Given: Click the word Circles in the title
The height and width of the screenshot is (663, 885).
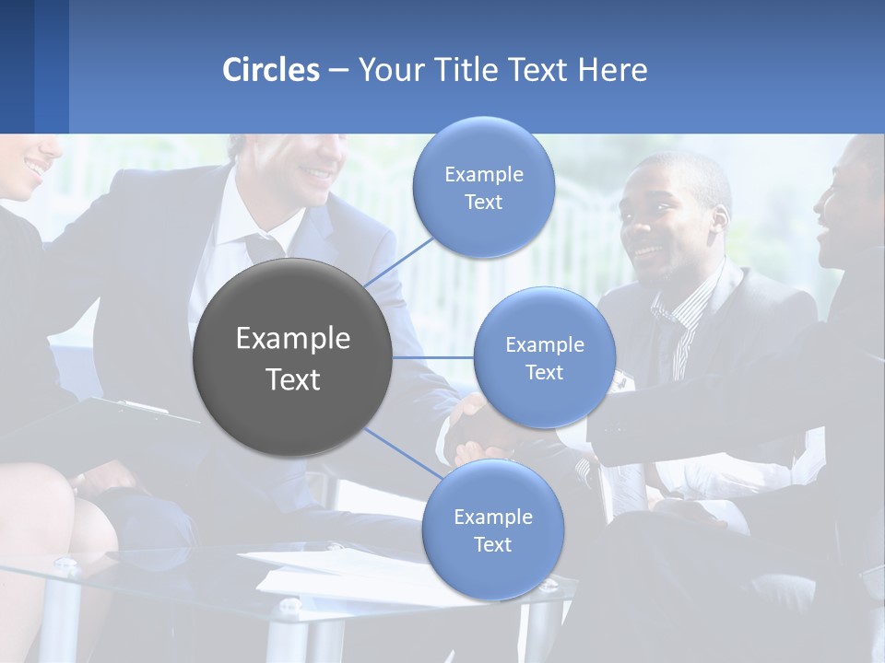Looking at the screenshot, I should tap(271, 70).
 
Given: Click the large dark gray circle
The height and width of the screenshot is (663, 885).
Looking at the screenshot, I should tap(293, 357).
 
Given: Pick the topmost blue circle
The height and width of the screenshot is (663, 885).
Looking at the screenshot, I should tap(483, 187).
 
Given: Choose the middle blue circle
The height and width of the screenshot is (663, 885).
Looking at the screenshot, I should tap(544, 357).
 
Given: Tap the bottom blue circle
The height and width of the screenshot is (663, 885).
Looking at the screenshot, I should tap(492, 529).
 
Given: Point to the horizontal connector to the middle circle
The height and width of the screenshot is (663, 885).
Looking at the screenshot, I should tap(433, 357).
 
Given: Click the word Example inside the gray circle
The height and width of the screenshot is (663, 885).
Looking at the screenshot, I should tap(293, 339).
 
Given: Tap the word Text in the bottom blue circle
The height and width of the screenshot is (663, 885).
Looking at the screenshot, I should tap(492, 544).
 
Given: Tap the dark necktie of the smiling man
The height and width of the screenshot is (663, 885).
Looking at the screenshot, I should tap(264, 247).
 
